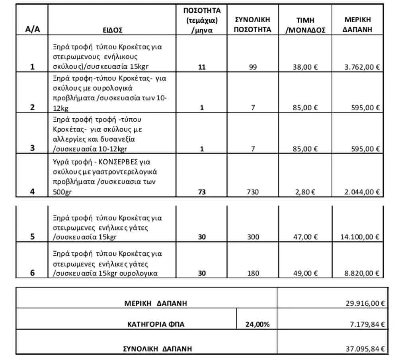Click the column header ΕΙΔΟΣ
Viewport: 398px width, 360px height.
pos(112,29)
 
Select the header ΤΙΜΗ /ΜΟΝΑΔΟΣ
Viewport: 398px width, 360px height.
pos(306,25)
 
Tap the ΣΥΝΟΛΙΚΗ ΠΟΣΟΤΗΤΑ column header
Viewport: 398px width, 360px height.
pos(253,24)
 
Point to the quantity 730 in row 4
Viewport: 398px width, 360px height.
pos(253,192)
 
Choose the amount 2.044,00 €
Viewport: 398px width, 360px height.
pos(362,192)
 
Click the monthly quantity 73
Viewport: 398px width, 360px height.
pos(202,192)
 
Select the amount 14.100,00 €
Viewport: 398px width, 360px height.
pos(360,237)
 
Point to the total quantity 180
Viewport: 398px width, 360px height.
pos(253,273)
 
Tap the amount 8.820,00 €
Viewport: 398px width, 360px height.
pos(362,273)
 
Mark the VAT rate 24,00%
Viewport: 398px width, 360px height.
pos(257,324)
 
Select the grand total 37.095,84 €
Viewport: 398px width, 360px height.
pos(364,349)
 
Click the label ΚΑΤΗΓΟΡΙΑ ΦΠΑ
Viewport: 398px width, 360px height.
pos(153,324)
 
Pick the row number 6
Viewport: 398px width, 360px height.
pos(32,273)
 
